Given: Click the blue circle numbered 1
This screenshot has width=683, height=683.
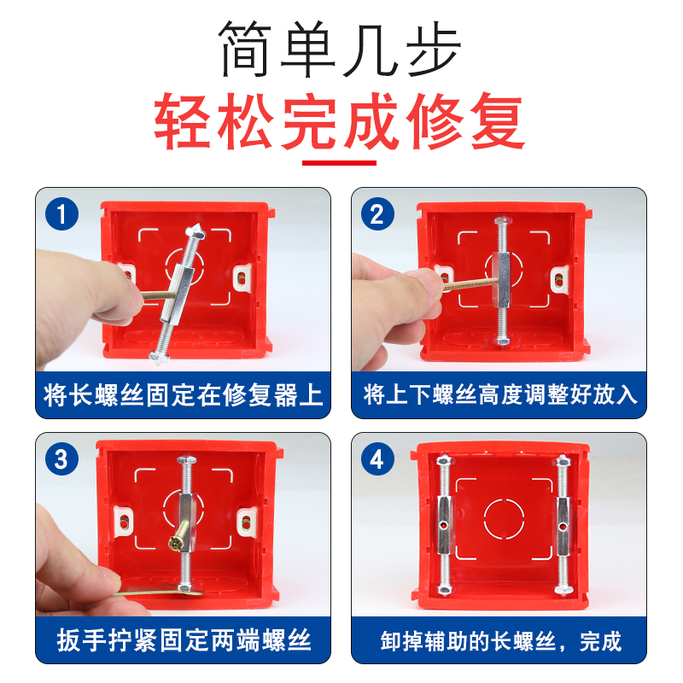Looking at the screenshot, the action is [61, 214].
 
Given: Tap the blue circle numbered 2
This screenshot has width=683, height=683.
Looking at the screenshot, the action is [377, 214].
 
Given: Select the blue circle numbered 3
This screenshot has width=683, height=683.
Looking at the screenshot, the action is [61, 459].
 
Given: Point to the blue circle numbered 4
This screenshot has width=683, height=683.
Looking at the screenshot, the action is [377, 459].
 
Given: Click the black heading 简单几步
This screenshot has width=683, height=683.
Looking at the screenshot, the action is [340, 49].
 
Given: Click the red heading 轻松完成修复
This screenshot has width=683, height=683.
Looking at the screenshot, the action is [340, 121].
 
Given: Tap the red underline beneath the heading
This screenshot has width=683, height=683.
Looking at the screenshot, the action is [339, 163].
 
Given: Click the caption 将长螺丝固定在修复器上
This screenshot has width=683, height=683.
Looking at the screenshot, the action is [183, 395].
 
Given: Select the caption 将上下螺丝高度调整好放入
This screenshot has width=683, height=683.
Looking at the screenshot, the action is [500, 394].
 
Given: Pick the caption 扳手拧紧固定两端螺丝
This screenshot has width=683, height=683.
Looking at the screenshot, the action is [184, 639].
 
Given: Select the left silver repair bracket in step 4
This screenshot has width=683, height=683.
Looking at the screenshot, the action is [443, 525].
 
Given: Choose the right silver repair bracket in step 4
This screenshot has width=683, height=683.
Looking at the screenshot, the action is [563, 525].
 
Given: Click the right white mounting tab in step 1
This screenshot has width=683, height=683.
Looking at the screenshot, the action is [242, 277].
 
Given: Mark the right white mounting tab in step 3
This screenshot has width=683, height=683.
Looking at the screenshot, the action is [247, 522].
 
